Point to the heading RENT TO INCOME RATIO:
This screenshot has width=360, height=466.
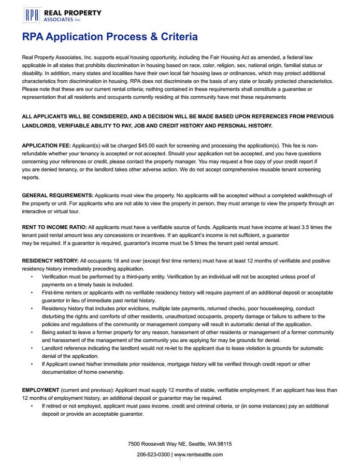(x=54, y=227)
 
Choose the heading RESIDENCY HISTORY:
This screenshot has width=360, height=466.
(x=50, y=260)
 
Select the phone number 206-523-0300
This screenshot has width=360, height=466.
(x=153, y=454)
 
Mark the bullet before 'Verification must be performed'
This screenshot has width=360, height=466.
(x=32, y=276)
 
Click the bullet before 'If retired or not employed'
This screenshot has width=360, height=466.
(x=32, y=406)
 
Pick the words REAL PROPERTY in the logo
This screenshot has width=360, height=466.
(x=73, y=12)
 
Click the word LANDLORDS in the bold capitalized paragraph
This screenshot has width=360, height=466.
(x=41, y=125)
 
